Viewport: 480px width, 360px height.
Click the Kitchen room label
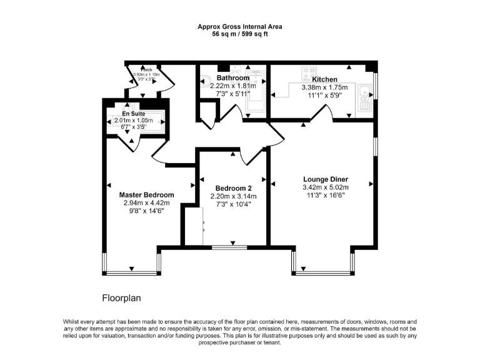tap(325, 79)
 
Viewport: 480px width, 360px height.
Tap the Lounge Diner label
tap(325, 179)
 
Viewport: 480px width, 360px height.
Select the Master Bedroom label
tap(147, 195)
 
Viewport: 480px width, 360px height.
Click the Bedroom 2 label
tap(234, 188)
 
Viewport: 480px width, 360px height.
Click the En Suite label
tap(133, 114)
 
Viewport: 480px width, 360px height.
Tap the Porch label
tap(146, 69)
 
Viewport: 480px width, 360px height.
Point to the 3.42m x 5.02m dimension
tap(325, 187)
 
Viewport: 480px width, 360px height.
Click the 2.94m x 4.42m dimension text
tap(147, 202)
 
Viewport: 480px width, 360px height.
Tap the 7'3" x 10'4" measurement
tap(234, 204)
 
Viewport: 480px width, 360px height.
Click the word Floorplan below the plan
tap(122, 298)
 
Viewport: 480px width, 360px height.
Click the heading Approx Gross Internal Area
tap(240, 27)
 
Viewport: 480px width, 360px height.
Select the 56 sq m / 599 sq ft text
tap(240, 34)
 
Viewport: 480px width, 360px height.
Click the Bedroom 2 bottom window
tap(229, 248)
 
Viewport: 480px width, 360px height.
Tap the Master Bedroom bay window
tap(132, 272)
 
